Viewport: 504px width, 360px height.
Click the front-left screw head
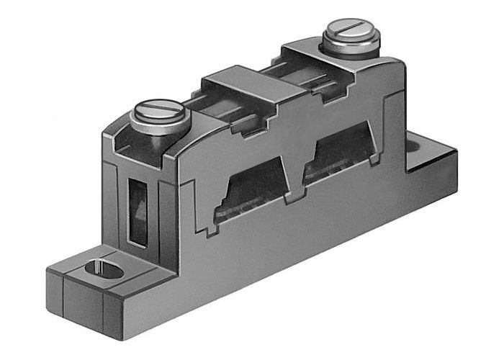(160, 113)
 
